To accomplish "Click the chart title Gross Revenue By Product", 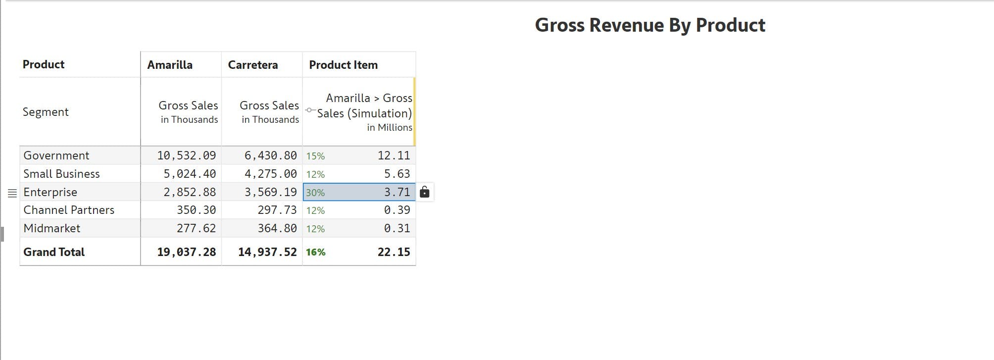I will [x=650, y=25].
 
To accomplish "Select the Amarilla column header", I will [x=170, y=65].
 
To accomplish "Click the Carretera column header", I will [x=252, y=65].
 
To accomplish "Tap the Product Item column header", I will [x=343, y=65].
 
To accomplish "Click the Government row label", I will [x=56, y=155].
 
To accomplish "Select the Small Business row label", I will [x=61, y=174].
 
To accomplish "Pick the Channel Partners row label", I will [x=69, y=210].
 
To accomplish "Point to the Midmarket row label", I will [x=52, y=228].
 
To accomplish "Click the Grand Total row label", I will [x=54, y=252].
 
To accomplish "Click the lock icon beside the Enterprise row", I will [x=424, y=192].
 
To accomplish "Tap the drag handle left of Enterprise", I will [x=12, y=193].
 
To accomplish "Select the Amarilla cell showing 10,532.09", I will [x=187, y=155].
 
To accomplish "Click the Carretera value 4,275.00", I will [x=270, y=174].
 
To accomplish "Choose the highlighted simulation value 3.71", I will [x=397, y=192].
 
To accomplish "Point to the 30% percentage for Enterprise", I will [x=315, y=193].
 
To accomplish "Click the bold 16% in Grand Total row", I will [x=315, y=252].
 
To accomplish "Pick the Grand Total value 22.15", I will [x=394, y=252].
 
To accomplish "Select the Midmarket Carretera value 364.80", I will [x=277, y=228].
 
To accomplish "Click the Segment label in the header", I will [x=46, y=112].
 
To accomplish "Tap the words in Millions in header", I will [x=390, y=127].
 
